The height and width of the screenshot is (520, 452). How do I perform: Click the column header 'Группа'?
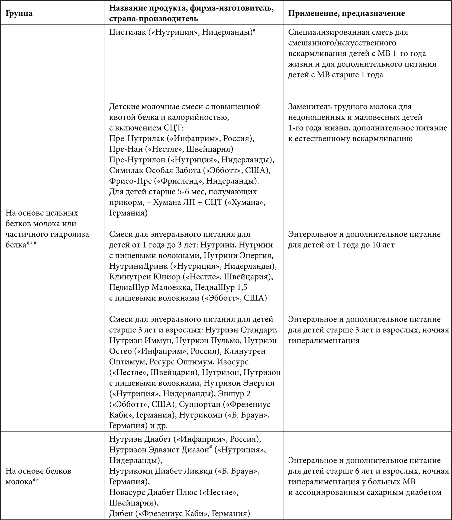click(19, 13)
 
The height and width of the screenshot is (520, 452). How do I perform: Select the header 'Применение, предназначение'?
click(346, 13)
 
